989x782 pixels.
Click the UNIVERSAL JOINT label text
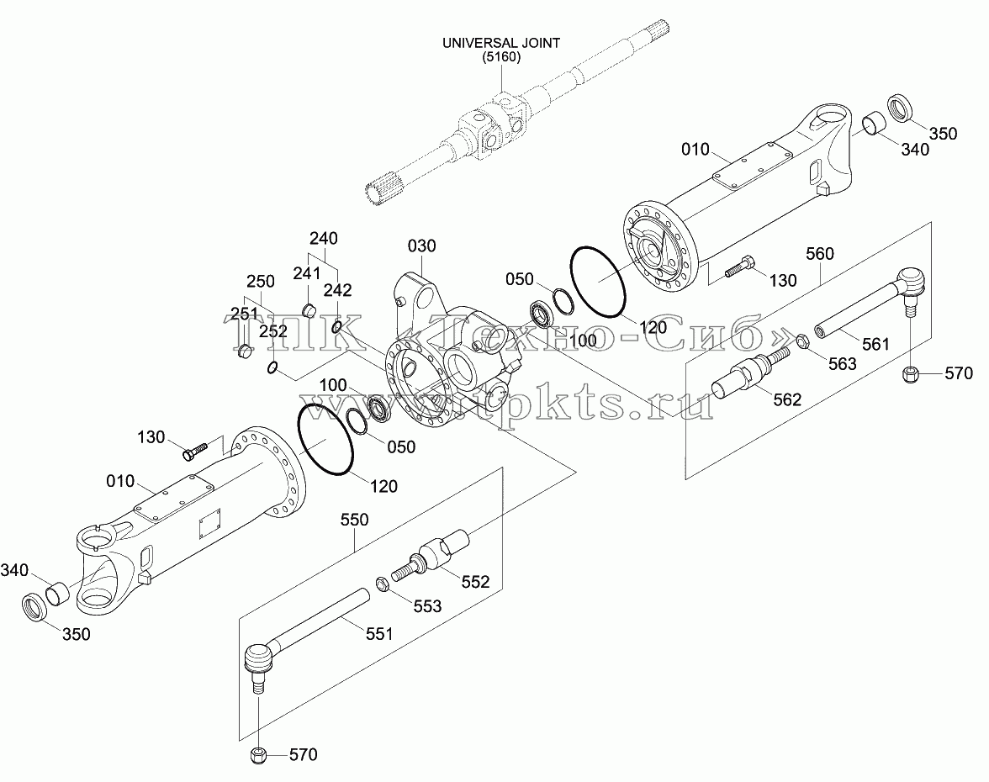(x=501, y=44)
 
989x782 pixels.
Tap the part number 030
(x=422, y=246)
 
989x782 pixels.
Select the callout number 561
(x=876, y=345)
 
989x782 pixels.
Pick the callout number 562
(x=787, y=399)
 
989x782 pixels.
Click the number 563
(x=843, y=364)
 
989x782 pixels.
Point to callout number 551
(x=380, y=634)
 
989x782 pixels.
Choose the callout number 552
(x=476, y=582)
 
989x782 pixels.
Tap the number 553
(x=427, y=606)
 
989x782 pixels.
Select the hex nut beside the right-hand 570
(x=910, y=375)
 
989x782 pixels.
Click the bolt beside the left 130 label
(x=195, y=451)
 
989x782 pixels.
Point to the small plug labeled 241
(x=309, y=310)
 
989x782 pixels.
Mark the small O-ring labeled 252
(x=271, y=367)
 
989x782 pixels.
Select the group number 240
(x=324, y=239)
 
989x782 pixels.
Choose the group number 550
(x=355, y=520)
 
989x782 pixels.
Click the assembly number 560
(x=820, y=254)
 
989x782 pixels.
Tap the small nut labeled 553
(x=382, y=584)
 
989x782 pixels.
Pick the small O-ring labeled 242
(x=337, y=326)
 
